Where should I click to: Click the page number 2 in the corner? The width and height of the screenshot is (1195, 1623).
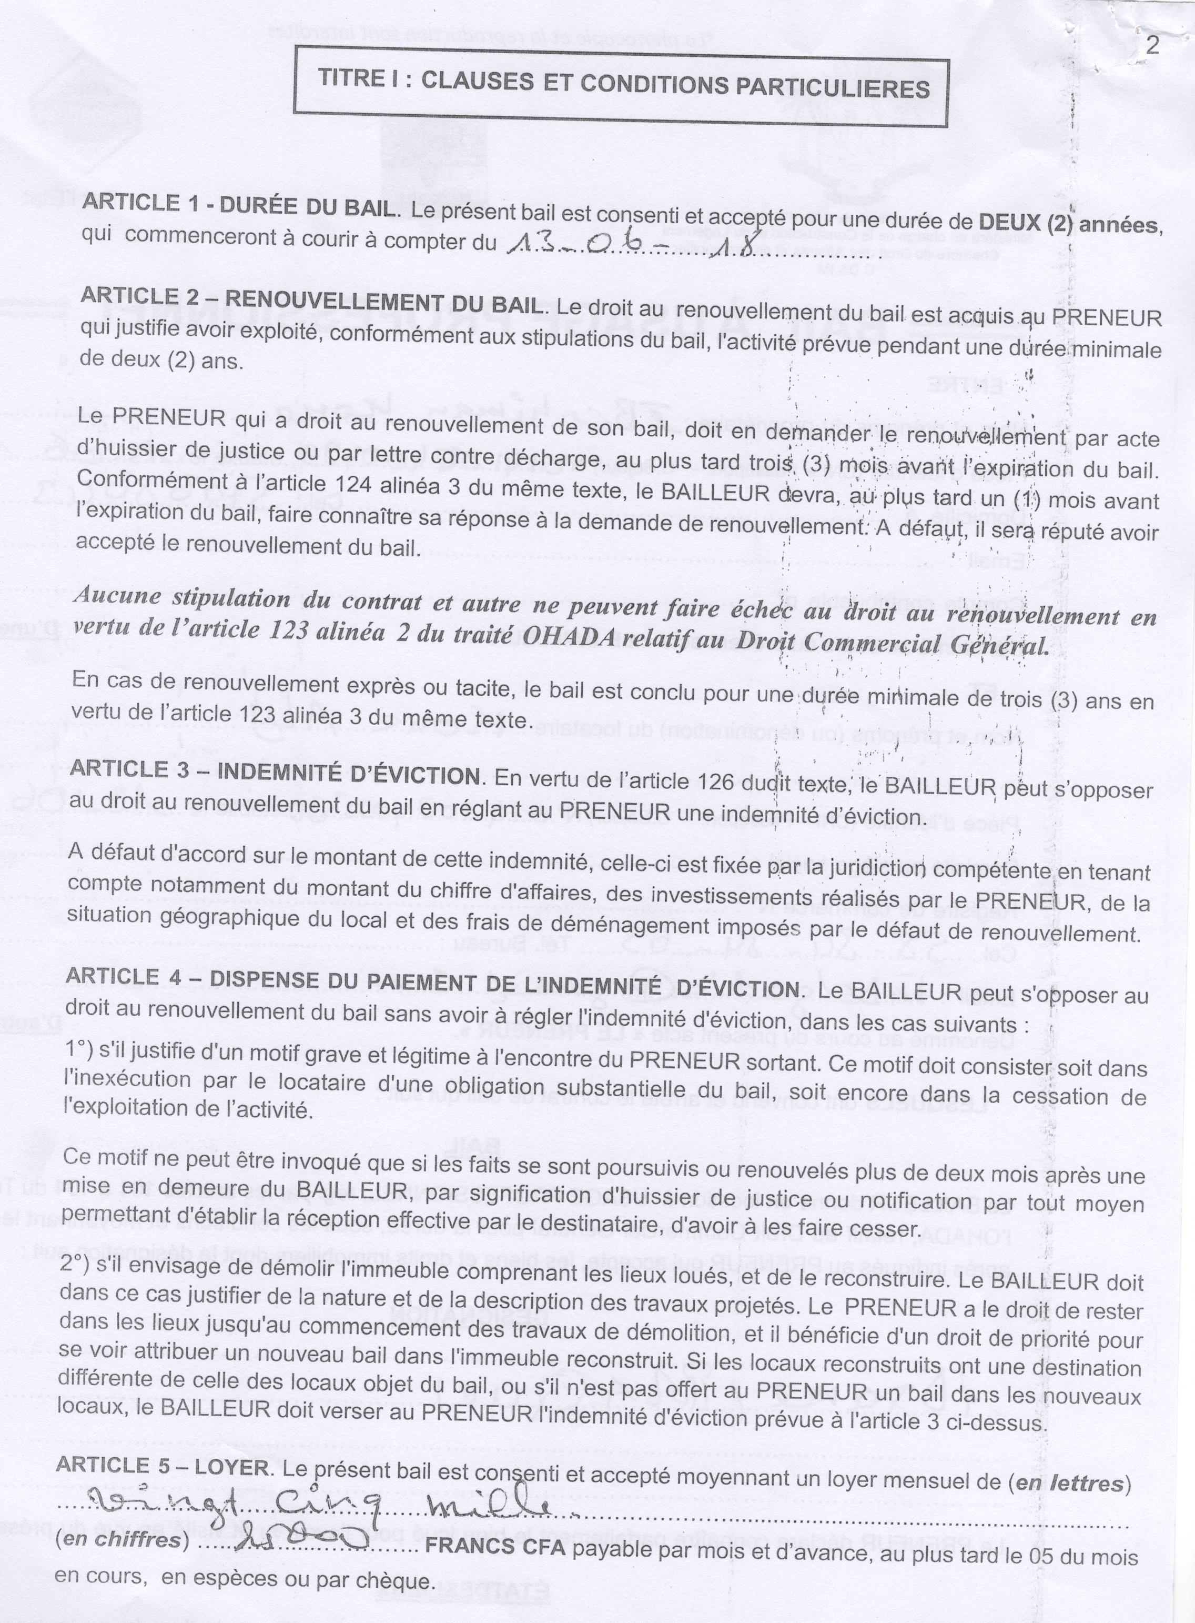tap(1153, 46)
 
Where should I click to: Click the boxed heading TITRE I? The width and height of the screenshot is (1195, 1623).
tap(624, 85)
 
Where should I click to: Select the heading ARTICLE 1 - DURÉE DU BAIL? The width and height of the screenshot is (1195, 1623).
tap(239, 205)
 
